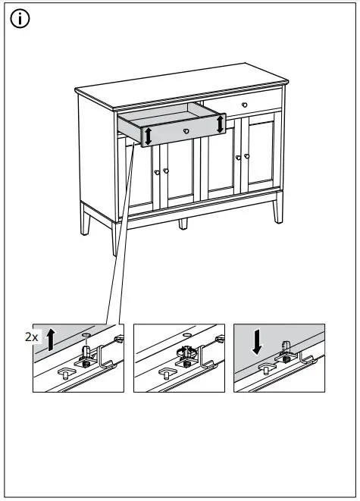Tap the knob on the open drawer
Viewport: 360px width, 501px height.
(186, 131)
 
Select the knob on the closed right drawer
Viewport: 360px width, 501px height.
(245, 103)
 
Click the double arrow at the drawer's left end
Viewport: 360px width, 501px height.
(149, 136)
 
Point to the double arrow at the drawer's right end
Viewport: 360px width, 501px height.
(221, 123)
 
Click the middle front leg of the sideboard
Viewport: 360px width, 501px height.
(182, 223)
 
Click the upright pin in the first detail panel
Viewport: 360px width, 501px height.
(87, 352)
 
